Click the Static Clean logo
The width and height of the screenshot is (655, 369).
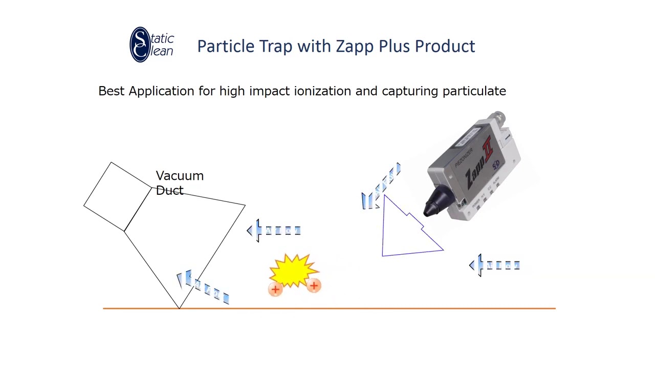click(x=151, y=45)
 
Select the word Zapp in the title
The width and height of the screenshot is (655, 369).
click(x=355, y=46)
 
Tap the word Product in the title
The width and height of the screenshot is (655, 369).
click(x=445, y=46)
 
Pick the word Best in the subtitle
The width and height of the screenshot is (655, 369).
click(x=111, y=91)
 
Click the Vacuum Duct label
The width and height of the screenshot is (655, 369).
click(x=179, y=183)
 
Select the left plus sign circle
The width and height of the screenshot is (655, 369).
click(x=275, y=290)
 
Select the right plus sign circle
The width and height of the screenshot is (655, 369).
click(x=314, y=286)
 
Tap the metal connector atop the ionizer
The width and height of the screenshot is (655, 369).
click(x=497, y=117)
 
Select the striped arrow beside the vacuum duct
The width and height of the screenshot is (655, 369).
click(x=274, y=231)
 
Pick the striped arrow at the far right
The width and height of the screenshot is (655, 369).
click(x=494, y=265)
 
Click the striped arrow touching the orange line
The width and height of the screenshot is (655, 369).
click(x=203, y=288)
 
